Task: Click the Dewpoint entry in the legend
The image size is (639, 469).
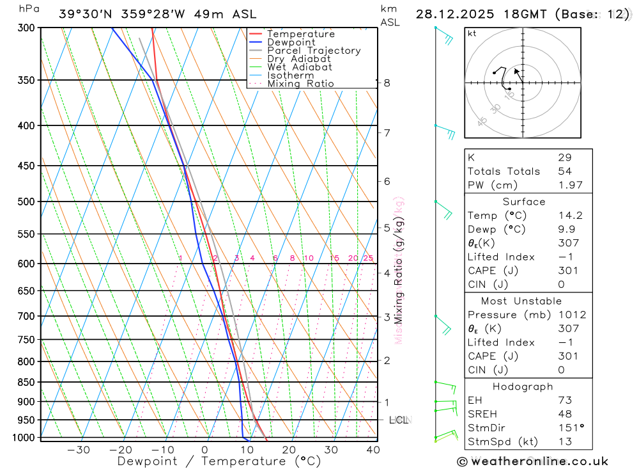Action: click(291, 42)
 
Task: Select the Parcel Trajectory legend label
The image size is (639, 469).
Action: click(314, 51)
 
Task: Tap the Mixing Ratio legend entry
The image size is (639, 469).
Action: click(300, 83)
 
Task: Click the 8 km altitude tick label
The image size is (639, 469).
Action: click(387, 83)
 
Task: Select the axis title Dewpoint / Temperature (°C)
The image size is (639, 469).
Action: click(219, 461)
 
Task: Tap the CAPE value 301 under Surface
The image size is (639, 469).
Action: click(567, 271)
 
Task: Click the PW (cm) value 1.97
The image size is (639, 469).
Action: click(570, 185)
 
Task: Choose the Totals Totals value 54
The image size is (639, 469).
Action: click(564, 171)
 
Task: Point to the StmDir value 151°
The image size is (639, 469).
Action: click(570, 428)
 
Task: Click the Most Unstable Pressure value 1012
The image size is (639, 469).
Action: click(571, 315)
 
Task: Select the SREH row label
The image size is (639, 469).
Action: click(482, 414)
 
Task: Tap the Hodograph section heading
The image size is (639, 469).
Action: click(523, 386)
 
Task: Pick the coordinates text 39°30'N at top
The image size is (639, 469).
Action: click(85, 14)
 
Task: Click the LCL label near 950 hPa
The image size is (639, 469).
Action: click(398, 420)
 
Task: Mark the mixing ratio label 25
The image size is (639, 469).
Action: click(368, 258)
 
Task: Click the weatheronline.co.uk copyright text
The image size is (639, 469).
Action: click(532, 461)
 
